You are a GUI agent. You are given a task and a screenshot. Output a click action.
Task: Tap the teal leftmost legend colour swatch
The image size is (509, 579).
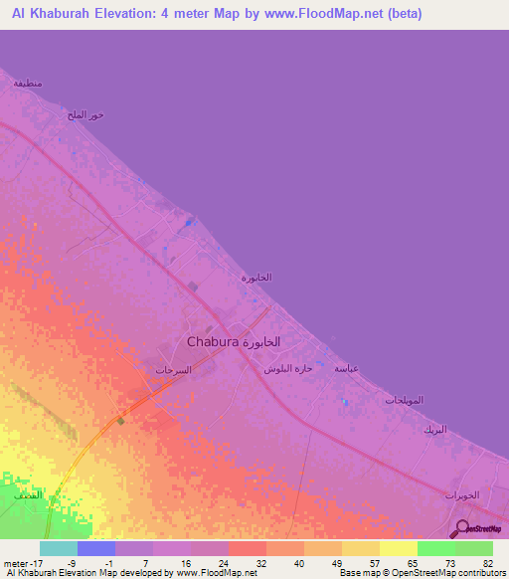coord(59,548)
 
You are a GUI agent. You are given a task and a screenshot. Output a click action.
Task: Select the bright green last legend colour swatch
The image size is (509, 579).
coord(474,548)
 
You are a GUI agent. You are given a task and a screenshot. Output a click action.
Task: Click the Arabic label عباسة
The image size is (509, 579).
coord(346,369)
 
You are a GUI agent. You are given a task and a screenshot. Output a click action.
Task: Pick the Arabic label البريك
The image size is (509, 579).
coord(434,430)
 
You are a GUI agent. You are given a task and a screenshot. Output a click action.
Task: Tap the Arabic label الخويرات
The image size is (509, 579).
coord(461,495)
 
